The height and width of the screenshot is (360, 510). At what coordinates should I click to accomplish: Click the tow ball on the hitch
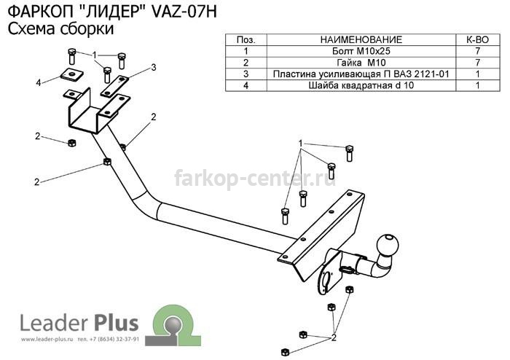388,243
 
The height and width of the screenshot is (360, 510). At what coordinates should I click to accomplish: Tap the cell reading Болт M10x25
361,51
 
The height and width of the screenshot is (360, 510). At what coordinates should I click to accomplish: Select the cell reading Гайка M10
361,63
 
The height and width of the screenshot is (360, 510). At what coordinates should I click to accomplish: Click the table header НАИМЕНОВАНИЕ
361,39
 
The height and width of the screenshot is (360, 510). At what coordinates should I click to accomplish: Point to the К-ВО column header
477,39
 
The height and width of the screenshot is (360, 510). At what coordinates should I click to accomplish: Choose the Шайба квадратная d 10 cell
361,85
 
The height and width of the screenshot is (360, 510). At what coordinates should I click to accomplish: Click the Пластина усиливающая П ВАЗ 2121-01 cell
361,74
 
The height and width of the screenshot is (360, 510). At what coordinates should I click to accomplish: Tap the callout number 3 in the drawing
154,67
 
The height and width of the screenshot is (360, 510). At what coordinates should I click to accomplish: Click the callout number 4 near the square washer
39,83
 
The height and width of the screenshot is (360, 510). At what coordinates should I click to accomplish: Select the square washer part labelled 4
71,75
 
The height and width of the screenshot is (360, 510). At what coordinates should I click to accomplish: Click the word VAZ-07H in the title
184,12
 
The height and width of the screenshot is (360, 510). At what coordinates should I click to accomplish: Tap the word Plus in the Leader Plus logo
116,324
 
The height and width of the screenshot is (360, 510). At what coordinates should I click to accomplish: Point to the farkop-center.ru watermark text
255,179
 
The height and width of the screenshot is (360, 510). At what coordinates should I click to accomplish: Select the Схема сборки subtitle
60,28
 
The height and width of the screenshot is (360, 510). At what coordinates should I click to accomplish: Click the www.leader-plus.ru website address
47,339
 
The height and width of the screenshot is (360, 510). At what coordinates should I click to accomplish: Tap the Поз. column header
246,39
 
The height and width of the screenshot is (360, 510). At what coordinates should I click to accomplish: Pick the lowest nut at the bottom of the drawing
285,352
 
